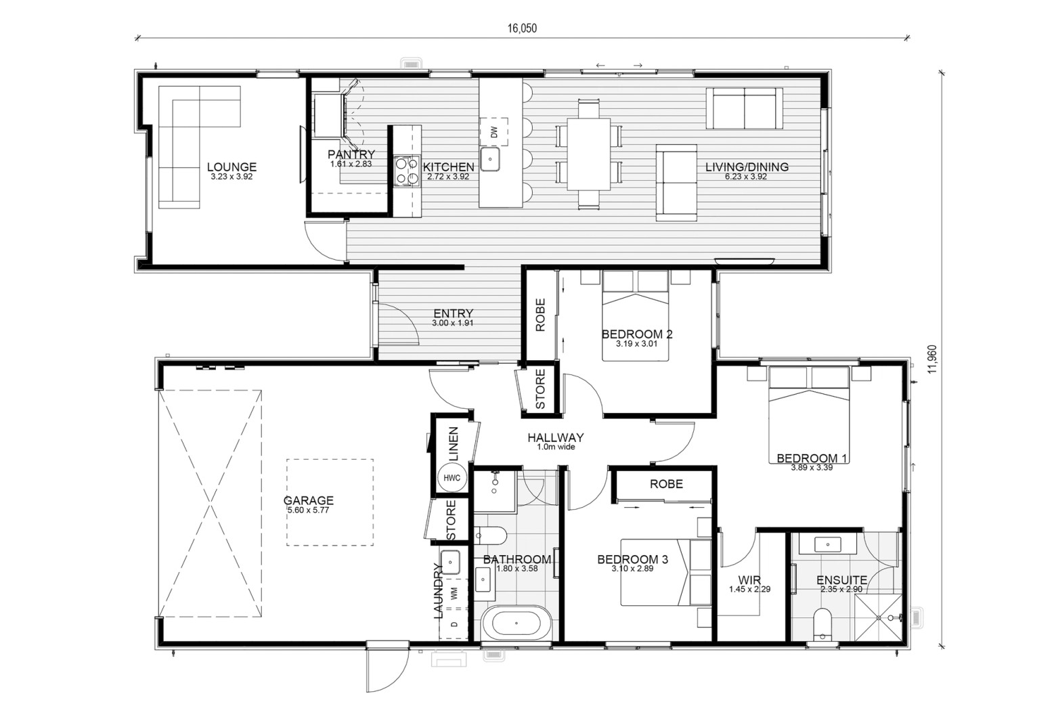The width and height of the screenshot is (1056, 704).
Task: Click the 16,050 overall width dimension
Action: coord(522,28)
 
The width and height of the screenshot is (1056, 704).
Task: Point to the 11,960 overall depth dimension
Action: coord(932,359)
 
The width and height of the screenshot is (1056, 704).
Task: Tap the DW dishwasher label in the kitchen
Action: coord(494,132)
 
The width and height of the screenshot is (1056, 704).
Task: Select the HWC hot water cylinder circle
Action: coord(452,478)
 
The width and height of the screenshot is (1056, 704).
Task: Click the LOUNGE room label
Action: coord(232,167)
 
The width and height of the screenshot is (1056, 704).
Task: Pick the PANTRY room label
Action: coord(351,154)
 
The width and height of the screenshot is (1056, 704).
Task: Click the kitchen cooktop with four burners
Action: coord(407,171)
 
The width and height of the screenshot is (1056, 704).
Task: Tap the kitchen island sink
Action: coord(490,159)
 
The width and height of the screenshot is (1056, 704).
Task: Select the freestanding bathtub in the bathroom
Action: coord(516,623)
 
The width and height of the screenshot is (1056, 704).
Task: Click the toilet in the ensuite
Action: coord(822,624)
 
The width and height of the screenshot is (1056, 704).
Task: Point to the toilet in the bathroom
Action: coord(490,535)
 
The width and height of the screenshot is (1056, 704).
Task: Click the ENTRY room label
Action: coord(453,313)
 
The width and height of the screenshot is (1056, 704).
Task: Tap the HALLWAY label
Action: coord(555,437)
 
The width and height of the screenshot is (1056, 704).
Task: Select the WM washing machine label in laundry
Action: coord(454,594)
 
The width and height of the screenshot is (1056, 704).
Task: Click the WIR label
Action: coord(749,580)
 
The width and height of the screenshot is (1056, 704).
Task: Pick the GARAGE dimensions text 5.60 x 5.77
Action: coord(308,510)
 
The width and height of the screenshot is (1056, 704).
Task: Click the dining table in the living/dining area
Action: coord(588,154)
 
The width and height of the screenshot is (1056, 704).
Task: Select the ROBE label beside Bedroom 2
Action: coord(540,315)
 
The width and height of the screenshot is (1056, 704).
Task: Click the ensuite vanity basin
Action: coord(828,545)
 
